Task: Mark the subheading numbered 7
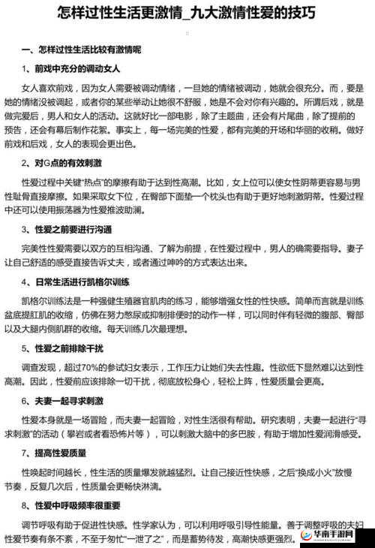60,454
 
